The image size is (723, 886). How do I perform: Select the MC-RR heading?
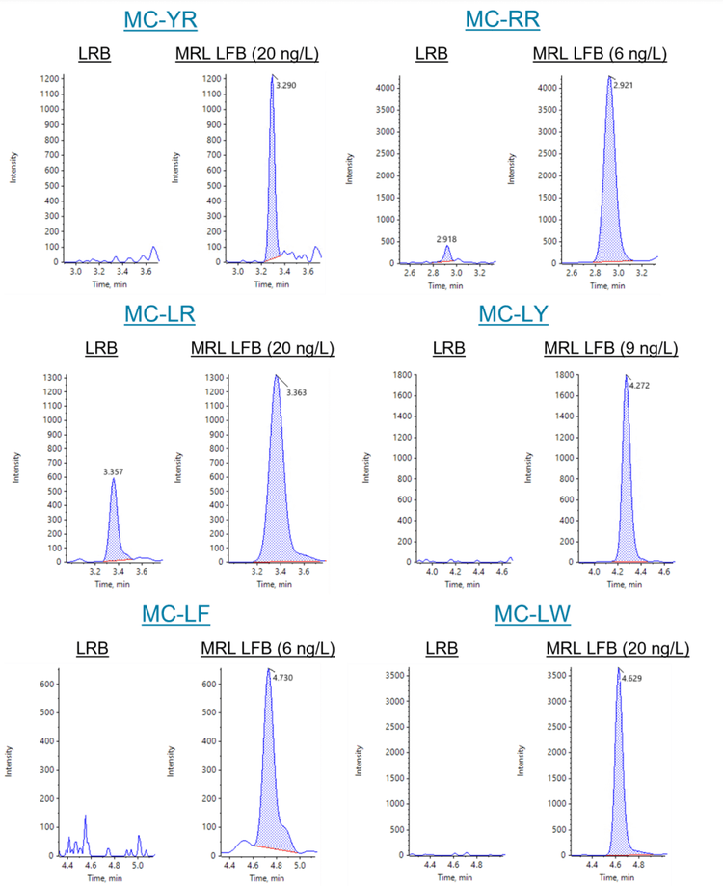[x=501, y=18]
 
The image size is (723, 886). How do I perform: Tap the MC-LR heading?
[x=160, y=314]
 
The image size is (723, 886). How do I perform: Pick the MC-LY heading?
[x=515, y=314]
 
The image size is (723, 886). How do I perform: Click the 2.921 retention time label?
[x=624, y=86]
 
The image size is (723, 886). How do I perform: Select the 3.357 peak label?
[x=115, y=472]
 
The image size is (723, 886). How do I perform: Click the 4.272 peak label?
[x=640, y=386]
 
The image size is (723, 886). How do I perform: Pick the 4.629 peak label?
[x=632, y=679]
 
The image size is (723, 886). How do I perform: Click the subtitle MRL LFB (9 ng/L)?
[x=610, y=348]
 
